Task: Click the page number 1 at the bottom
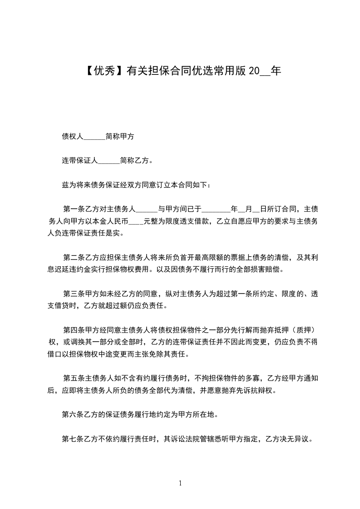180,483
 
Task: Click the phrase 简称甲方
119,136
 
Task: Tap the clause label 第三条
73,294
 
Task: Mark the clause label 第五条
73,378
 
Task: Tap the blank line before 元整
137,222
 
